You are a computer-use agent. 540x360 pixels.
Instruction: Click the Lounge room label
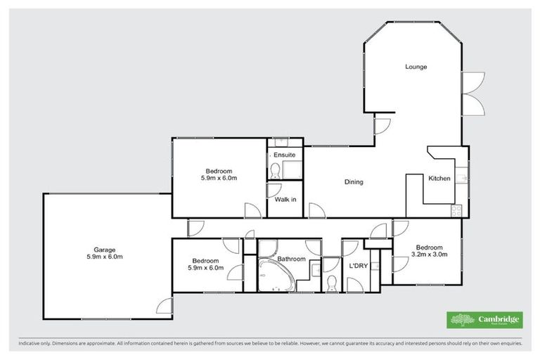click(x=416, y=67)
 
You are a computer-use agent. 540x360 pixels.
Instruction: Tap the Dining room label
click(x=354, y=182)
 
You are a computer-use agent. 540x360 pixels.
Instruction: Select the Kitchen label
click(x=439, y=179)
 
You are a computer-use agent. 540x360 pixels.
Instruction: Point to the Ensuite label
click(x=284, y=154)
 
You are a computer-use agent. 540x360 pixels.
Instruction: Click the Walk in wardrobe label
click(x=285, y=200)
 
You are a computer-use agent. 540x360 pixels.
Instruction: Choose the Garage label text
click(x=105, y=249)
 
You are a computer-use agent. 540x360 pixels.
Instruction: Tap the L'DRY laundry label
click(x=355, y=266)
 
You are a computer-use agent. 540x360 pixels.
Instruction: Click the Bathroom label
click(x=291, y=259)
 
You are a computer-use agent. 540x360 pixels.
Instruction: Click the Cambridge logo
click(x=484, y=320)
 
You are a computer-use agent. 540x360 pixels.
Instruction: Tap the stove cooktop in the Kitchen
click(x=456, y=209)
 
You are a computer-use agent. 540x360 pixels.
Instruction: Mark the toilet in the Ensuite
click(x=275, y=169)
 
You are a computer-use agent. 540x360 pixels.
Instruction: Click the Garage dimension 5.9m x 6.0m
click(x=105, y=257)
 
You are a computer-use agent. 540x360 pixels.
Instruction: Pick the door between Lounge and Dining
click(x=381, y=126)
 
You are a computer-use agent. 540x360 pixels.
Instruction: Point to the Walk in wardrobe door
click(x=274, y=190)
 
